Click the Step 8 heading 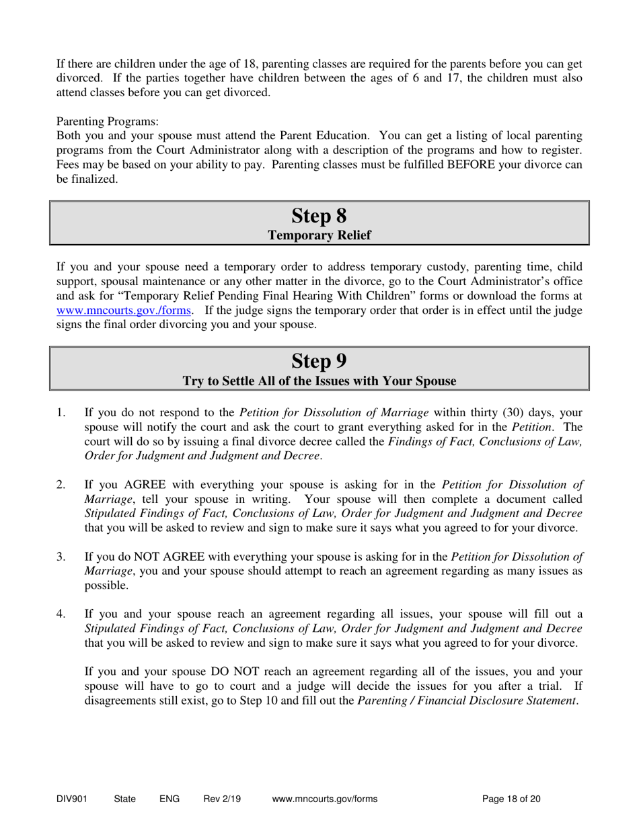point(319,216)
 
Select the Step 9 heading point(319,362)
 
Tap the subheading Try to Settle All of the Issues point(319,381)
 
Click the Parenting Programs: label point(108,122)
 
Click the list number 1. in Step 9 point(61,413)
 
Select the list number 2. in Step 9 point(61,483)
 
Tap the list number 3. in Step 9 point(61,556)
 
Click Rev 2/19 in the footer point(222,799)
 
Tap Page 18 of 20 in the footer point(512,799)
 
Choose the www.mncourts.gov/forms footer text point(325,799)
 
